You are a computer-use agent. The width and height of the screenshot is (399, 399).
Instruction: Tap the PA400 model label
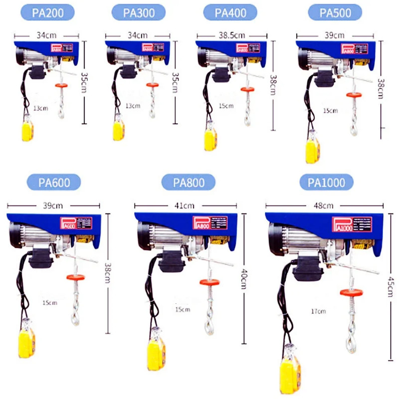pos(230,12)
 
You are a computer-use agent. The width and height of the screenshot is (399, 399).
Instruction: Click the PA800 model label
pos(189,182)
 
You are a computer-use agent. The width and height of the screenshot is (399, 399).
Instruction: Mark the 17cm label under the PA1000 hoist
pos(318,311)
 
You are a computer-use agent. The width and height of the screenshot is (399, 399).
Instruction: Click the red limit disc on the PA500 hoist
pos(354,94)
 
